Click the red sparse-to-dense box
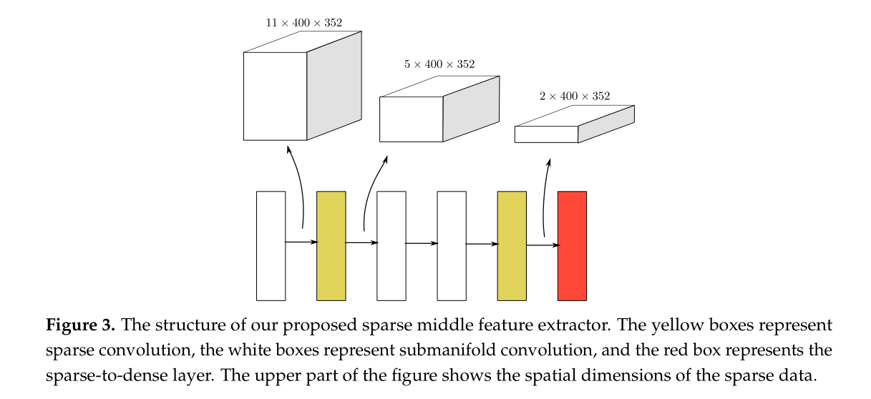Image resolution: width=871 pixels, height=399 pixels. pyautogui.click(x=572, y=245)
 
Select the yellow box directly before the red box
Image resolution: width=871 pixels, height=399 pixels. pyautogui.click(x=512, y=245)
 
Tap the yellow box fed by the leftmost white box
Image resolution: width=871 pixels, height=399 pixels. pyautogui.click(x=331, y=245)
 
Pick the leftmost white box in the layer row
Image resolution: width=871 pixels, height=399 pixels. pyautogui.click(x=271, y=245)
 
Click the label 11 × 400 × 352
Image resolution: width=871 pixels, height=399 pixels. pyautogui.click(x=303, y=23)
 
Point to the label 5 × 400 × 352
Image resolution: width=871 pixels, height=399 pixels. pyautogui.click(x=439, y=64)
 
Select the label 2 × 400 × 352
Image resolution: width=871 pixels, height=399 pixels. pyautogui.click(x=575, y=96)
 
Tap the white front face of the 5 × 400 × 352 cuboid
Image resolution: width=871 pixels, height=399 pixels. pyautogui.click(x=411, y=119)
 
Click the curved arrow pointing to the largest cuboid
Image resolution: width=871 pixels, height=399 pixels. pyautogui.click(x=297, y=186)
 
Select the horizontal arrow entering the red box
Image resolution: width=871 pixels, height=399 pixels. pyautogui.click(x=542, y=245)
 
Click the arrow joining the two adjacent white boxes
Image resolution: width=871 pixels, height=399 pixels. pyautogui.click(x=422, y=243)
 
